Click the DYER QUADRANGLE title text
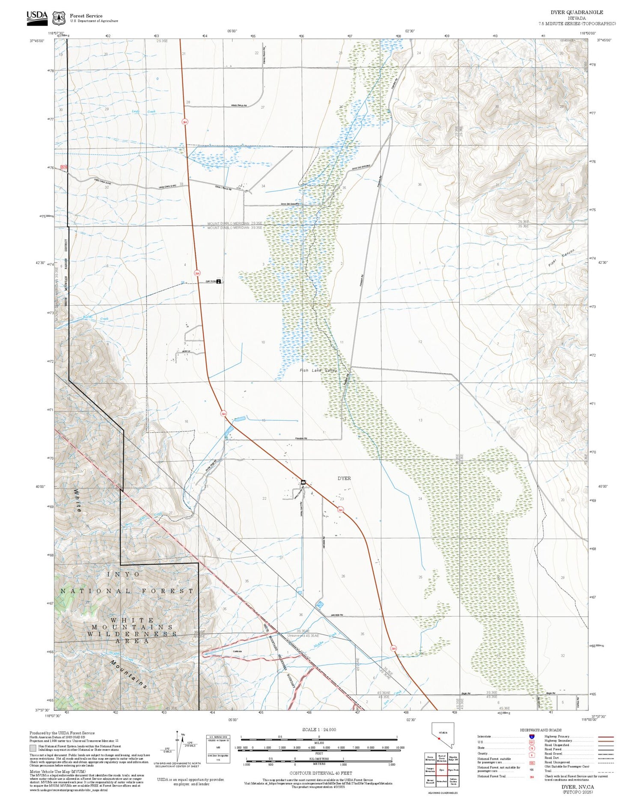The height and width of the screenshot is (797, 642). click(583, 12)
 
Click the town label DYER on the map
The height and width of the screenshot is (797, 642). click(344, 478)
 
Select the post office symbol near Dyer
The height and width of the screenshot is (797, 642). click(303, 482)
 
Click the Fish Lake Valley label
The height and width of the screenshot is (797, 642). click(318, 370)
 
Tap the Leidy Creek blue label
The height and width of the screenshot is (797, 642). click(144, 112)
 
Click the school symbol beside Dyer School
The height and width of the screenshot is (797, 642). click(219, 282)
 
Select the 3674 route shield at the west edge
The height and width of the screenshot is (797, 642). click(64, 167)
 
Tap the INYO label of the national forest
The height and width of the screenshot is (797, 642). click(123, 574)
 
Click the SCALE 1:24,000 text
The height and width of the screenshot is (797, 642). click(319, 729)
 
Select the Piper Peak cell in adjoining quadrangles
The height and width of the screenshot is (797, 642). click(453, 770)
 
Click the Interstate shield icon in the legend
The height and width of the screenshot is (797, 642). click(532, 737)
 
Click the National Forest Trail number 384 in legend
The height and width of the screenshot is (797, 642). click(532, 776)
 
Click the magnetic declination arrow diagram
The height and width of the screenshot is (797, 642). click(178, 745)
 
